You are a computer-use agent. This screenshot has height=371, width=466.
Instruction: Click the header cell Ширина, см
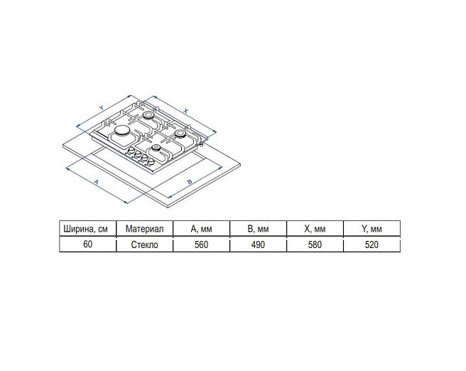88,229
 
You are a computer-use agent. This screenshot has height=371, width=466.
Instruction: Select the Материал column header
144,229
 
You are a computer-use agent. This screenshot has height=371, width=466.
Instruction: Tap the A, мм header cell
201,229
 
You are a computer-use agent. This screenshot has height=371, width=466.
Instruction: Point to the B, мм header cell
258,229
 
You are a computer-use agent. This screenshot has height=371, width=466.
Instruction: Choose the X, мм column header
315,229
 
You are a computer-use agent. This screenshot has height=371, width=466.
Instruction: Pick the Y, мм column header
372,229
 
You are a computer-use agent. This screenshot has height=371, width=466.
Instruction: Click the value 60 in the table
88,244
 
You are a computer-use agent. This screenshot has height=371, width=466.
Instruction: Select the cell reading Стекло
144,244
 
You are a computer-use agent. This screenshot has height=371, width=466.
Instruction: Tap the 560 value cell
201,244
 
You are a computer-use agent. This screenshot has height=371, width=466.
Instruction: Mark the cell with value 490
258,244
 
